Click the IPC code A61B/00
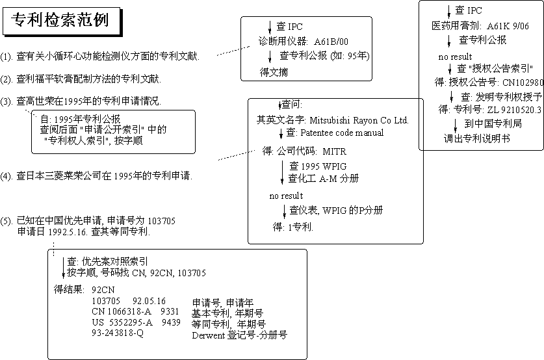click(331, 42)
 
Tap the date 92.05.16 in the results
click(149, 301)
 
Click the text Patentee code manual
click(343, 133)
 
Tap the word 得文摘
click(274, 70)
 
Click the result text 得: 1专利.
click(294, 227)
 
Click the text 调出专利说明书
click(476, 138)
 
